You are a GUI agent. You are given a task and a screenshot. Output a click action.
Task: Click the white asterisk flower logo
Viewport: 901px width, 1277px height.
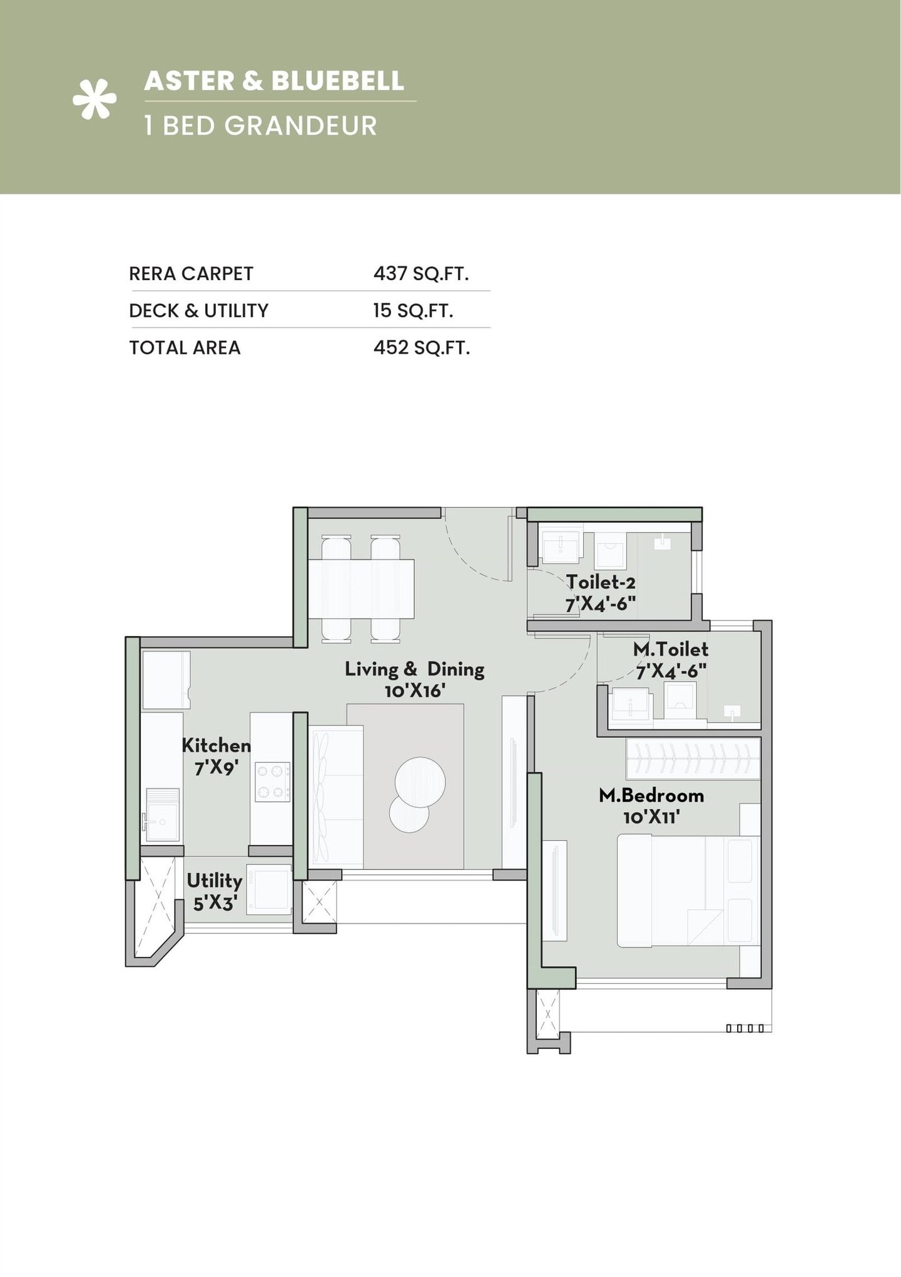point(94,99)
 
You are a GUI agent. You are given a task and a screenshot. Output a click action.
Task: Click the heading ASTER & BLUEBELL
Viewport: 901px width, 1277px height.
point(274,81)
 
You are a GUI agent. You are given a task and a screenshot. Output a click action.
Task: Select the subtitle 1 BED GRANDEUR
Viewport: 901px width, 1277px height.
point(260,126)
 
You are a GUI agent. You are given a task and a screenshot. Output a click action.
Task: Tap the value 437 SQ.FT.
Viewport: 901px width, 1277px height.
point(420,274)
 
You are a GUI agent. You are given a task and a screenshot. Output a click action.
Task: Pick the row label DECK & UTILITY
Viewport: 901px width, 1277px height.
point(198,311)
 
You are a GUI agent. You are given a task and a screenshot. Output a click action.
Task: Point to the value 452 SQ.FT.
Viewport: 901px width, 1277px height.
point(421,348)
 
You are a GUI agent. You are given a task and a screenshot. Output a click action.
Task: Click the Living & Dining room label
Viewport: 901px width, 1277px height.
point(414,670)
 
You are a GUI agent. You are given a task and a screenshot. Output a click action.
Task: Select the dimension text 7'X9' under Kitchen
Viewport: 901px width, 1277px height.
point(215,768)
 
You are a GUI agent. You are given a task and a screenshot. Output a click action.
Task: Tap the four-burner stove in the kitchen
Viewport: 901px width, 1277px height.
point(272,782)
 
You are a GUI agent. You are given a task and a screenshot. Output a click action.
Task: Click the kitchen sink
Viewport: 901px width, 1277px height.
point(161,814)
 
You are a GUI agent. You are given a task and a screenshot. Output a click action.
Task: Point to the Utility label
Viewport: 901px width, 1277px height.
point(214,881)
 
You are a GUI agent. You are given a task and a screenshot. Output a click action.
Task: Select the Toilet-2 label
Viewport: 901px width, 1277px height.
point(601,582)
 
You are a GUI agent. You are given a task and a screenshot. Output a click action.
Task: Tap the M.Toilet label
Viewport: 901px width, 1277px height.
point(670,649)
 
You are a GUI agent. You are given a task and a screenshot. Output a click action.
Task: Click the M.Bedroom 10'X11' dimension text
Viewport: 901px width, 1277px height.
point(651,817)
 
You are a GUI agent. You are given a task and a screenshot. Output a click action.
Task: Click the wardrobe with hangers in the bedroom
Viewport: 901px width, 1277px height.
point(693,759)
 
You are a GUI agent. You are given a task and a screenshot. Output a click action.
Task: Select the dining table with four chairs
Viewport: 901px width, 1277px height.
point(361,588)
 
